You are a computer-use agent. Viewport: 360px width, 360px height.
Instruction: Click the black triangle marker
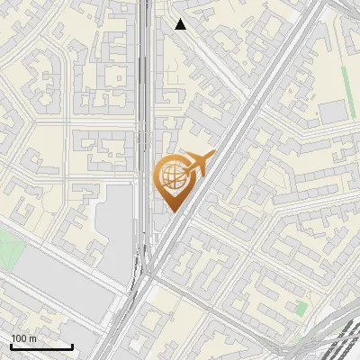[x=181, y=24]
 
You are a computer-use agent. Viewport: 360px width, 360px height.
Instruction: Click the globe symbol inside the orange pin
[x=171, y=176]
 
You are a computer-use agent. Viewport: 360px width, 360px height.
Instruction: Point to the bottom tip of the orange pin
[x=172, y=211]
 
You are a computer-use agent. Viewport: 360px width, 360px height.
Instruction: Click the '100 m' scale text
[x=23, y=338]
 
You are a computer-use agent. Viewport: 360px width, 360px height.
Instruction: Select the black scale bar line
[x=41, y=346]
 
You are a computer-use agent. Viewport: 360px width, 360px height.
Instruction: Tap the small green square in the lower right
[x=301, y=309]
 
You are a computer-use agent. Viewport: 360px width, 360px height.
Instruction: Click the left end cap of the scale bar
[x=11, y=346]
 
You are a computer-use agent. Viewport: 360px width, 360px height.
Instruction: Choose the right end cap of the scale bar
[x=72, y=346]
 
